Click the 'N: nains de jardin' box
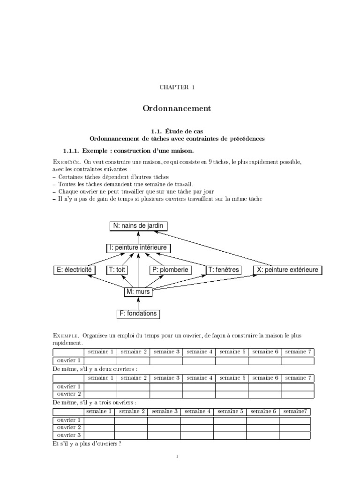pyautogui.click(x=138, y=226)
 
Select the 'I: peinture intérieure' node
pyautogui.click(x=138, y=247)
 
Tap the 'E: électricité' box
pyautogui.click(x=75, y=270)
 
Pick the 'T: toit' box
pyautogui.click(x=118, y=270)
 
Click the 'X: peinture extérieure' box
pyautogui.click(x=288, y=270)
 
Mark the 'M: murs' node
pyautogui.click(x=138, y=292)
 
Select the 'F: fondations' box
pyautogui.click(x=138, y=314)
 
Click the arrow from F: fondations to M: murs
pyautogui.click(x=138, y=303)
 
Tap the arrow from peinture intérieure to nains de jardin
pyautogui.click(x=138, y=237)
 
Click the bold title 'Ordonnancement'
pyautogui.click(x=177, y=108)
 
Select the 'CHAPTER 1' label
pyautogui.click(x=177, y=87)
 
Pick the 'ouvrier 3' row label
pyautogui.click(x=69, y=435)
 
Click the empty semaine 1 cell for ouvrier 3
pyautogui.click(x=99, y=435)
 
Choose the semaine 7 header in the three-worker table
pyautogui.click(x=296, y=411)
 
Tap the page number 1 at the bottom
pyautogui.click(x=177, y=455)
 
